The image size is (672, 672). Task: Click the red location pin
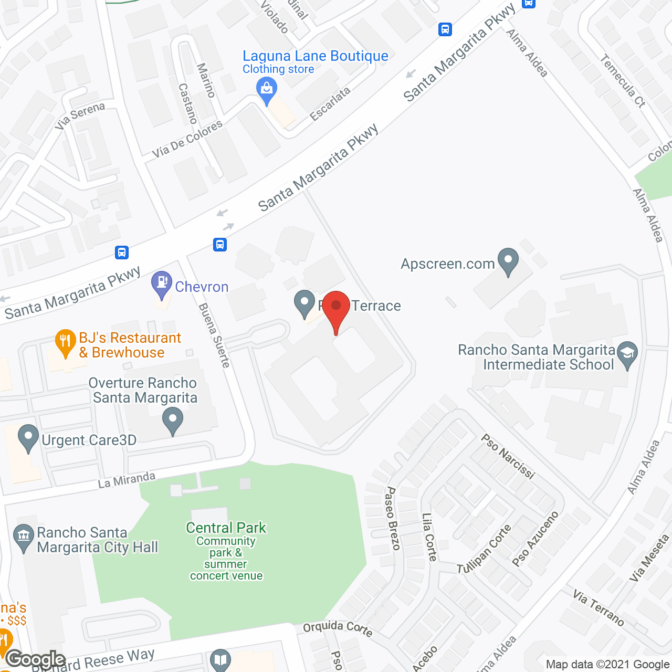(x=336, y=308)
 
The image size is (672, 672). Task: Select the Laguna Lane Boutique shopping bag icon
(x=267, y=89)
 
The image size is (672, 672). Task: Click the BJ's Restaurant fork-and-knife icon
(x=65, y=342)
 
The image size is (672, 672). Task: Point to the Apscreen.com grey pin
(x=508, y=261)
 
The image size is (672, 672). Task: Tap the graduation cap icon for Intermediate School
(x=627, y=354)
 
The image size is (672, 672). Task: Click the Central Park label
(x=226, y=528)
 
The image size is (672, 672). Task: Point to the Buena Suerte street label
(x=214, y=335)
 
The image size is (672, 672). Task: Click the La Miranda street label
(x=127, y=480)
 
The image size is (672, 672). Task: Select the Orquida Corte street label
(x=338, y=628)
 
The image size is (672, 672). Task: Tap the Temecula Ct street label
(x=623, y=81)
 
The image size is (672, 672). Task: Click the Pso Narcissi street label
(x=508, y=456)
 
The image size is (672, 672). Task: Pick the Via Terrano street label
(x=598, y=608)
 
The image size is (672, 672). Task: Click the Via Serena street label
(x=80, y=116)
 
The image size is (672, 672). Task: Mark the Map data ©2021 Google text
(x=607, y=665)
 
